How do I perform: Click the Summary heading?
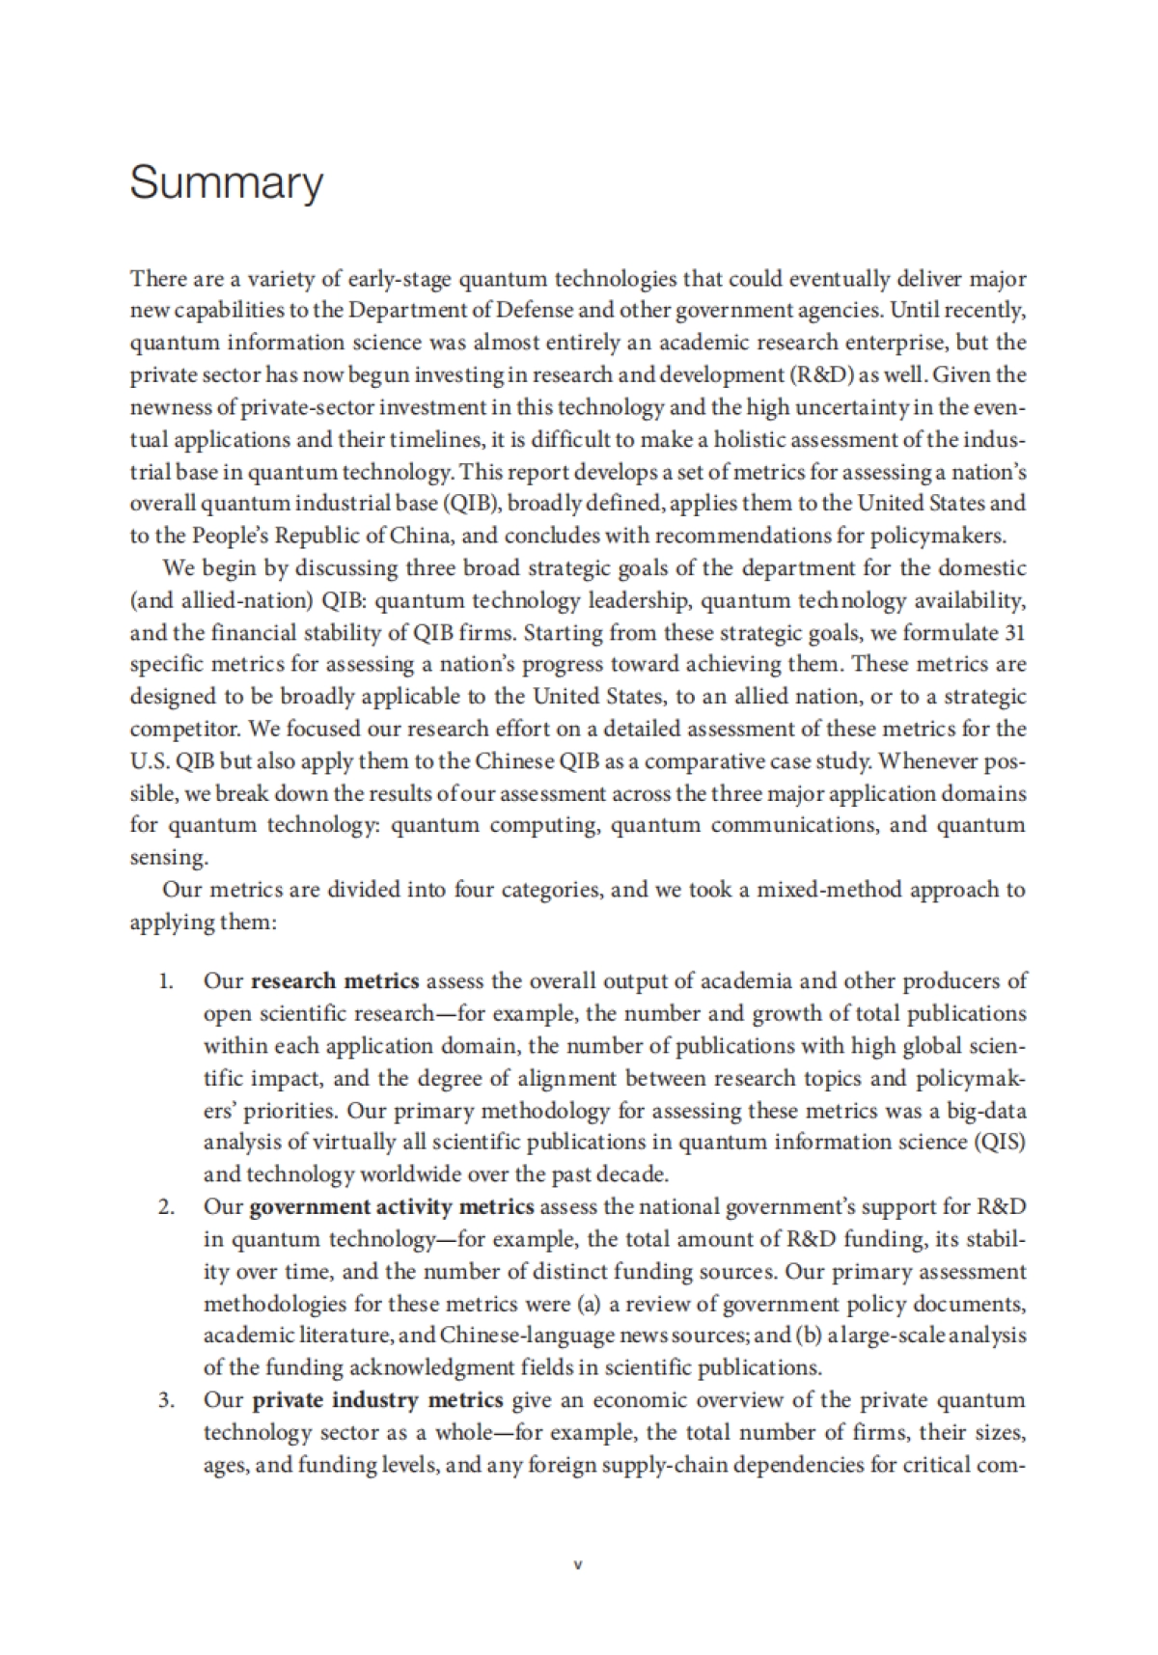tap(226, 183)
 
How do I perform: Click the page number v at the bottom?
tap(578, 1565)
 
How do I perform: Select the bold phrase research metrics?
tap(335, 981)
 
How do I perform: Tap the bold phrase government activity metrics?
tap(391, 1207)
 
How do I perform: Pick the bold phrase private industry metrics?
tap(377, 1400)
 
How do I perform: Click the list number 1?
tap(166, 981)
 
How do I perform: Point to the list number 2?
tap(166, 1207)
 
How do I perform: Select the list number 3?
tap(166, 1400)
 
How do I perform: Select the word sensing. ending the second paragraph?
tap(168, 858)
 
